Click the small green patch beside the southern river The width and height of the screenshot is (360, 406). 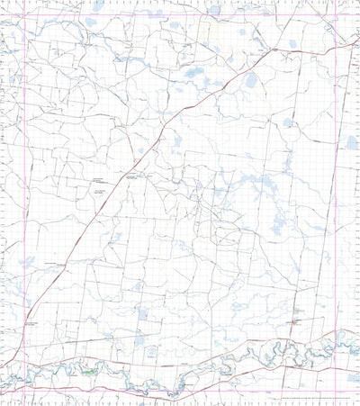point(89,370)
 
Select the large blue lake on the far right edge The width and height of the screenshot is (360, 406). point(350,142)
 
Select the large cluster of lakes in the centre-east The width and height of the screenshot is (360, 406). point(261,189)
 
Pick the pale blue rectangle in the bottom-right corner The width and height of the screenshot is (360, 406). point(351,378)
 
